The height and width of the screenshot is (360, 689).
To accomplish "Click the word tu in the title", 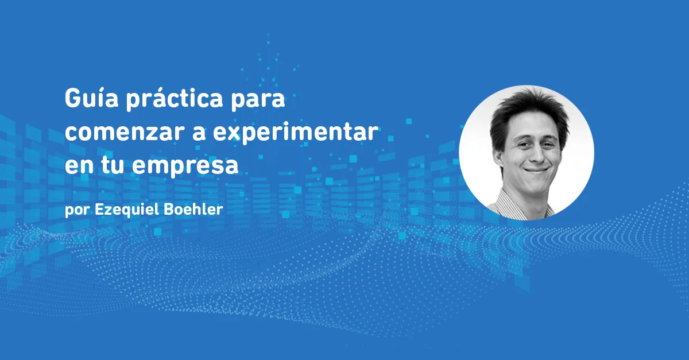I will click(x=111, y=165).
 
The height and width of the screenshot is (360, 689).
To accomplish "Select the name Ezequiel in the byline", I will click(x=123, y=209).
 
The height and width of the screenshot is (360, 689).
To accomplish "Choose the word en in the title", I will click(x=75, y=166).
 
